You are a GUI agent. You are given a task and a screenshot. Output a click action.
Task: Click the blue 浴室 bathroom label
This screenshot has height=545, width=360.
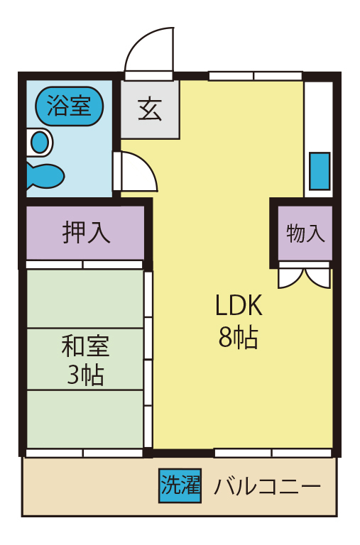coord(69,106)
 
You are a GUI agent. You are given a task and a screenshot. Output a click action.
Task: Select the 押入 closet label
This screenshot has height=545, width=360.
coord(86,233)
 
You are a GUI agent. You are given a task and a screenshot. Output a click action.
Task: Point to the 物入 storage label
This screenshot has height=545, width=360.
coord(305,233)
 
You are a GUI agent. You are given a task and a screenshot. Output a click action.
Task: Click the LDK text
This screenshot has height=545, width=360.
coord(239,307)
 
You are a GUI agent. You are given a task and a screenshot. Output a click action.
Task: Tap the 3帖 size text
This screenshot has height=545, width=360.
coord(85,374)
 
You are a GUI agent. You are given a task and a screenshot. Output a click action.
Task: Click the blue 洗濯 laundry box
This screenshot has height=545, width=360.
coord(180,486)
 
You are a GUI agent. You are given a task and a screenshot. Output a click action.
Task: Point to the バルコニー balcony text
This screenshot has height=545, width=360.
coord(268,487)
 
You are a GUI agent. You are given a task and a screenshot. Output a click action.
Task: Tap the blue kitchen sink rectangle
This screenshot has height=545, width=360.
coord(320,170)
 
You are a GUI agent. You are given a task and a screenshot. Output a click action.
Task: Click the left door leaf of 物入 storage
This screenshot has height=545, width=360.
coord(291,277)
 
